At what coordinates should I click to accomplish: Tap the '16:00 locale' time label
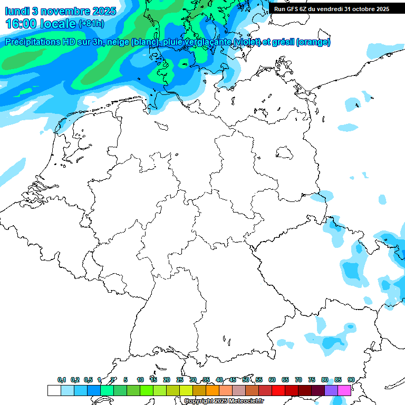click(x=41, y=24)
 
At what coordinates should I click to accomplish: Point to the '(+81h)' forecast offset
click(x=91, y=24)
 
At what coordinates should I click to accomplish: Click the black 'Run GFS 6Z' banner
click(x=332, y=8)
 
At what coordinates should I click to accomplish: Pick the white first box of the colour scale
click(x=54, y=390)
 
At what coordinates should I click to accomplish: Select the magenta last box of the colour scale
click(x=344, y=390)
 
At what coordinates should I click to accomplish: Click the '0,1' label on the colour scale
click(x=62, y=380)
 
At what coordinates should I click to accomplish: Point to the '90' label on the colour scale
click(x=351, y=380)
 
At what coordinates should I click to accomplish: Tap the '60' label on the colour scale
click(x=272, y=380)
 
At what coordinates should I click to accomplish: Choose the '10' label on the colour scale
click(x=140, y=380)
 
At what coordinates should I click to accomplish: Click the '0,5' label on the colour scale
click(x=88, y=380)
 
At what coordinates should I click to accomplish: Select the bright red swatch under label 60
click(x=278, y=390)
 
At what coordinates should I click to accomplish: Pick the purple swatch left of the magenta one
click(x=331, y=390)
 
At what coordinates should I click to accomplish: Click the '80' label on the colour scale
click(x=325, y=380)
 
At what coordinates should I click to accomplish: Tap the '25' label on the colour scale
click(x=180, y=380)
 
